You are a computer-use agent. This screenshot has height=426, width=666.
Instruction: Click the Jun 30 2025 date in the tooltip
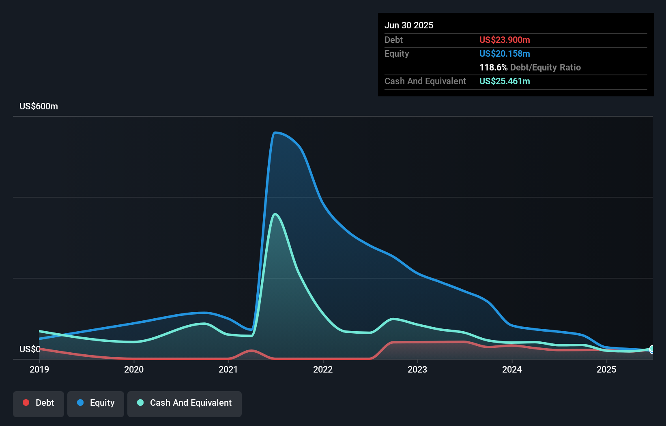(408, 25)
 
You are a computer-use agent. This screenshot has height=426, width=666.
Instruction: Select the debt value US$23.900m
(504, 40)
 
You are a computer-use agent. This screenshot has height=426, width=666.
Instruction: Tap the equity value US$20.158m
(504, 53)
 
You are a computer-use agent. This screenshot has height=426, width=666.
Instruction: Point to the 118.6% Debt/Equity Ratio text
(530, 67)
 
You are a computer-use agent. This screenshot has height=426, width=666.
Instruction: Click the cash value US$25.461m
(504, 81)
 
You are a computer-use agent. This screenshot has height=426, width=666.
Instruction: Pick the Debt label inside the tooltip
(393, 40)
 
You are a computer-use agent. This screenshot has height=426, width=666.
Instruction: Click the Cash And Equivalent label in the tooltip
(425, 81)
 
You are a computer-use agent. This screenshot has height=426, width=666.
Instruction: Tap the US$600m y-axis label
(39, 106)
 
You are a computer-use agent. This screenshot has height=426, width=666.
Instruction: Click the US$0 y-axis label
(30, 349)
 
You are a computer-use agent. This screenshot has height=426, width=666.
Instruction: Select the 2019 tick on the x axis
(39, 369)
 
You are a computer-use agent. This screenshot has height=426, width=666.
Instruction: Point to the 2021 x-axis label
(228, 369)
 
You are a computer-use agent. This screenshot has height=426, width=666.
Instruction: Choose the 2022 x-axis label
(323, 369)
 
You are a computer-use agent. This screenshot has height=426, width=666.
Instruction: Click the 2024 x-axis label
(512, 369)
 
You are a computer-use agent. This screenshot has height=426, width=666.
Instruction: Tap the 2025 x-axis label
(606, 369)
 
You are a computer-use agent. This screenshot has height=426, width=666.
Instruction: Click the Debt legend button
(39, 403)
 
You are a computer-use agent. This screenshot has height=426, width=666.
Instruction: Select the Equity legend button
(96, 403)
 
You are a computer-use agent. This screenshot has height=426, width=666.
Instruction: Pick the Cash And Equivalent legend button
(185, 403)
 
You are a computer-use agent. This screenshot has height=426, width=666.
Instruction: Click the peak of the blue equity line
(275, 132)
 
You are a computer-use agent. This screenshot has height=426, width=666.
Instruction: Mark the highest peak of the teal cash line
(275, 214)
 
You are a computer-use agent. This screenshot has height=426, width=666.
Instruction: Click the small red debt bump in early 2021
(251, 351)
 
